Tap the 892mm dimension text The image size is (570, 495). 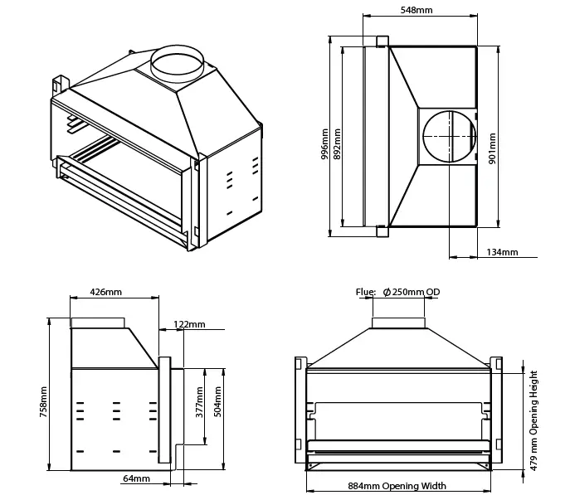336,143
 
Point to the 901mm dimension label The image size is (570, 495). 492,148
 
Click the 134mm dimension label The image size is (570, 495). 502,252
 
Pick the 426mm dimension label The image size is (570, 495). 105,292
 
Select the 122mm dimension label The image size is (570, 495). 190,324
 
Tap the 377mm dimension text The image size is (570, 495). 198,404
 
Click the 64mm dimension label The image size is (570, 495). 136,478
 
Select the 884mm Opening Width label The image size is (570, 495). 397,486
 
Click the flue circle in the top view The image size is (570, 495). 449,134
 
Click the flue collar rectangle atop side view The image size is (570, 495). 98,323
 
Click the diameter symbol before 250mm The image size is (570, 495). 387,292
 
